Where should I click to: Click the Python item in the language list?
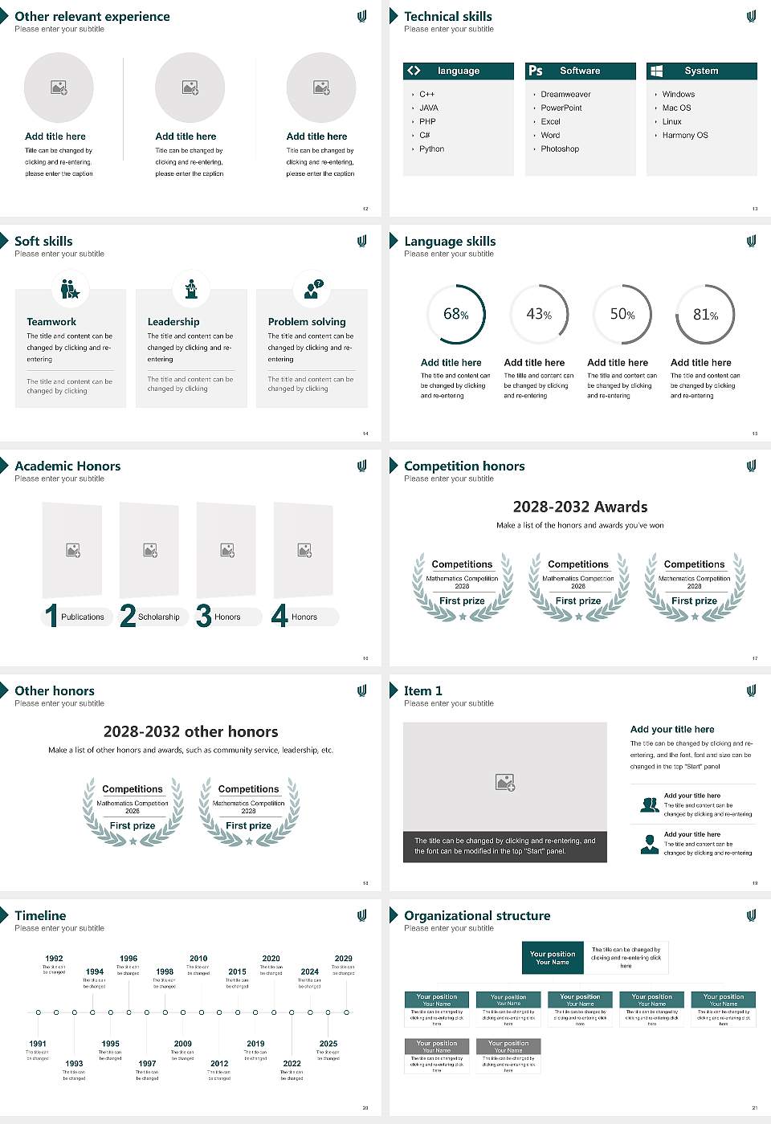point(431,149)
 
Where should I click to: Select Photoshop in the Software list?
point(560,149)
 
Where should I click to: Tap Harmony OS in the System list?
point(685,136)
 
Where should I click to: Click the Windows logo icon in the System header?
point(656,71)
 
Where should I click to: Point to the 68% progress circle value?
point(455,315)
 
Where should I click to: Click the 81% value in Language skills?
point(705,315)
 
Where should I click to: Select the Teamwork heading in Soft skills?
point(51,322)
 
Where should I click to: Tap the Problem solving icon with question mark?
point(312,289)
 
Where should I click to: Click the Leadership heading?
point(173,322)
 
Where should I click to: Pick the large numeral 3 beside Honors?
point(204,616)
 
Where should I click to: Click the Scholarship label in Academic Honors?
point(158,617)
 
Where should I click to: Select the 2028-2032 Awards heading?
point(580,507)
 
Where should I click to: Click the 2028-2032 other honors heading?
point(190,732)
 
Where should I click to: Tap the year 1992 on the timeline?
point(54,959)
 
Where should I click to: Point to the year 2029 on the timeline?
point(343,959)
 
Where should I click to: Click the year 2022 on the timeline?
point(292,1064)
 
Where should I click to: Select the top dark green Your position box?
point(553,958)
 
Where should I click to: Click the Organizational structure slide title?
point(477,916)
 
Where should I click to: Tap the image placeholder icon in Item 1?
point(505,782)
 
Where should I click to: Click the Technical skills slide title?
point(448,17)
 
